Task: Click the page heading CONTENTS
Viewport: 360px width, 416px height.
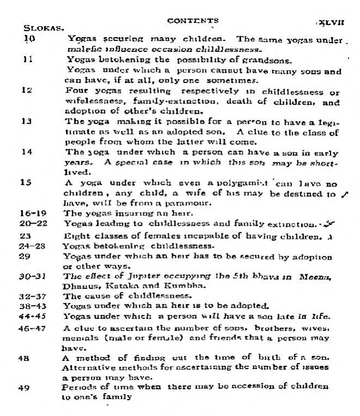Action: pos(193,21)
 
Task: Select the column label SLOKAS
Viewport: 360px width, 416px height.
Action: pos(41,27)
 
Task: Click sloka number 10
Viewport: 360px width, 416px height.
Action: pos(30,39)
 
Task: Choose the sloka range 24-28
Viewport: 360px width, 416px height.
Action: pos(32,245)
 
